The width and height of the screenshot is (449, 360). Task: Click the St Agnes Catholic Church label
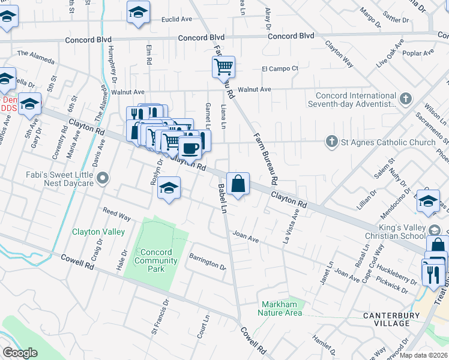click(388, 142)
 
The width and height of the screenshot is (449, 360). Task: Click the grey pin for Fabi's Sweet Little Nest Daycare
click(103, 178)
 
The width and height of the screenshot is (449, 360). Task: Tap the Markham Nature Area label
click(280, 308)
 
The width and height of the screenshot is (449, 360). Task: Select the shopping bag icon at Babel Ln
click(238, 183)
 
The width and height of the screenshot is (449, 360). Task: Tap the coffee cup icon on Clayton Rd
click(190, 146)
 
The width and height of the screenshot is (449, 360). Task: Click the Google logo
click(20, 353)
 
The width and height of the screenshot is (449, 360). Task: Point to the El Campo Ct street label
click(280, 68)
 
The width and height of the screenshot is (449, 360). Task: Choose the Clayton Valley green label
click(98, 232)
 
